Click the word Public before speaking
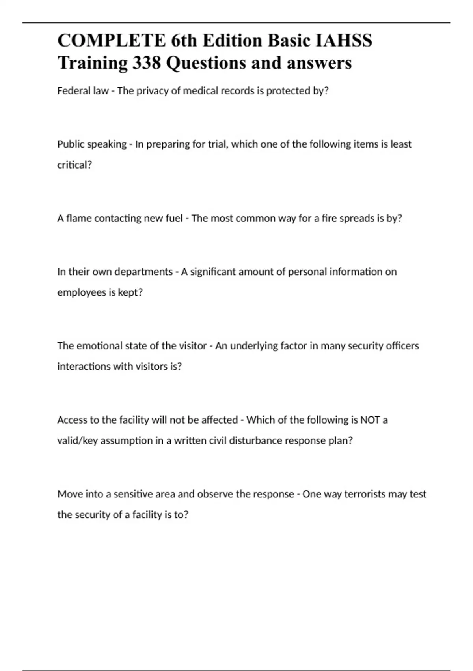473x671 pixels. (x=71, y=144)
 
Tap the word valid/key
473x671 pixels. (x=77, y=440)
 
